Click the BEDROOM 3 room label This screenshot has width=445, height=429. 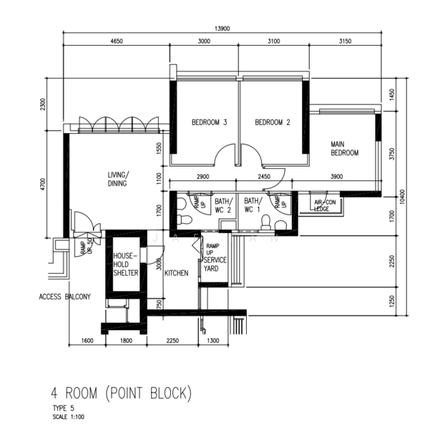(x=209, y=122)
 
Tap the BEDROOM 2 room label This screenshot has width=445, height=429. (x=273, y=122)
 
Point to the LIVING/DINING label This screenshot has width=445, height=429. (x=117, y=179)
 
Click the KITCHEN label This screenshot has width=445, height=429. (x=176, y=273)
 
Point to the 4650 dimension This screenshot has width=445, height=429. (x=117, y=41)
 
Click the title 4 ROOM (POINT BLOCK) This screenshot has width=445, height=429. (x=122, y=393)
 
